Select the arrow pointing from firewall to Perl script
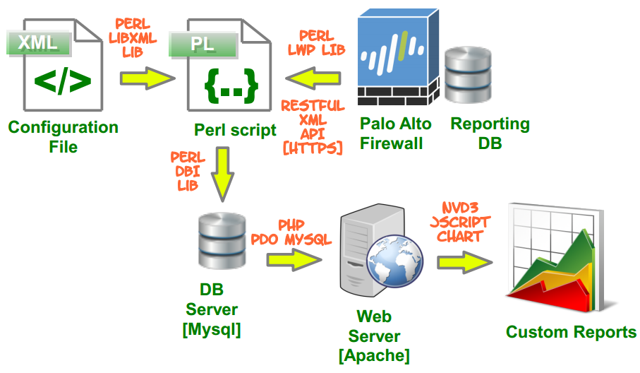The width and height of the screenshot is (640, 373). click(x=312, y=76)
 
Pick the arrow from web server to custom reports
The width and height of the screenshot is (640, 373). click(x=461, y=262)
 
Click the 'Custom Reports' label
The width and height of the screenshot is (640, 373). click(x=571, y=332)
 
